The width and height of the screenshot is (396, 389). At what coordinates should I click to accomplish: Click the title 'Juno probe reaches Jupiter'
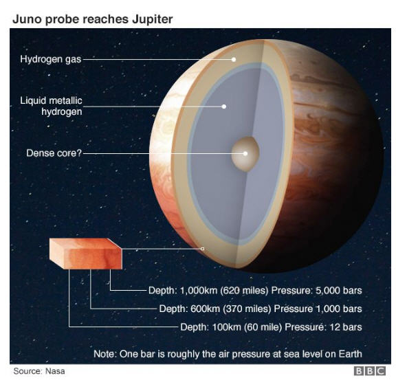(x=92, y=19)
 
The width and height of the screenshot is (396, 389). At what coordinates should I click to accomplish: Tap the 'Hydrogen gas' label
(x=50, y=59)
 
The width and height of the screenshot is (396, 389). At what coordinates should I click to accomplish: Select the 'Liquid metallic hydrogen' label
(x=52, y=106)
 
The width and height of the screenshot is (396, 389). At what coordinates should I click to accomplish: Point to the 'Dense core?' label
(x=54, y=153)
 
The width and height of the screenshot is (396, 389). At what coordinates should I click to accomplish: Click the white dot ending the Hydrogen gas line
(x=234, y=60)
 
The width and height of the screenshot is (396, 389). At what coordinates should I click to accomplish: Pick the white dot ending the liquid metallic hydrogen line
(x=223, y=107)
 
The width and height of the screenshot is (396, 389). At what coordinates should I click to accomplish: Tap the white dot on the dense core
(x=245, y=153)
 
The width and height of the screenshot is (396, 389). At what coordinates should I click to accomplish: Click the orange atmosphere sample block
(x=86, y=254)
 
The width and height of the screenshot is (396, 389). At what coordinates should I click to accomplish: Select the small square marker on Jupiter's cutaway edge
(x=202, y=249)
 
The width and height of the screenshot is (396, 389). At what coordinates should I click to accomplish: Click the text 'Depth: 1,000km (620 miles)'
(x=208, y=291)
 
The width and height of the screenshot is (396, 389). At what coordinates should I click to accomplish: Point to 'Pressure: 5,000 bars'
(x=316, y=291)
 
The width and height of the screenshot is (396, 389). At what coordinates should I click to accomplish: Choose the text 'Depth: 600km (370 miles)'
(x=215, y=309)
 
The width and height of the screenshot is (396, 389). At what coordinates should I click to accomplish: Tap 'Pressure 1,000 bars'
(x=318, y=309)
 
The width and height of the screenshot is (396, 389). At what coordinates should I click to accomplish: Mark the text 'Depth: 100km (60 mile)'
(x=231, y=327)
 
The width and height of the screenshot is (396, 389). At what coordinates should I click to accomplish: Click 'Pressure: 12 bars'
(x=323, y=327)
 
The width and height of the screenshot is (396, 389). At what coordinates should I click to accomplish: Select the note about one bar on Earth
(x=228, y=354)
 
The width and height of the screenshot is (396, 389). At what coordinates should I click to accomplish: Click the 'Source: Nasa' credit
(x=39, y=371)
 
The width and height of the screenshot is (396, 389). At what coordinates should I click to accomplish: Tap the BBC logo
(x=370, y=371)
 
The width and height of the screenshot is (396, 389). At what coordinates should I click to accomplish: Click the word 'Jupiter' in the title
(x=153, y=20)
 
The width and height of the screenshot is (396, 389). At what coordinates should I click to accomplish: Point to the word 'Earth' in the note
(x=351, y=354)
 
